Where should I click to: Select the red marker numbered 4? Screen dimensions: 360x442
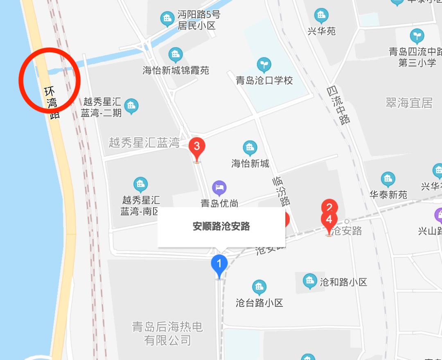(329, 220)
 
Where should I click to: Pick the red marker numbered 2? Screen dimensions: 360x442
(329, 206)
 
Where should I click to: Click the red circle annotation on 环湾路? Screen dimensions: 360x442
(50, 80)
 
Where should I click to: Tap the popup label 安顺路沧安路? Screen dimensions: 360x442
(221, 226)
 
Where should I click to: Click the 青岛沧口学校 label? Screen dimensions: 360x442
(264, 80)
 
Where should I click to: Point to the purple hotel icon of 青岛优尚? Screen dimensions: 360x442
(219, 188)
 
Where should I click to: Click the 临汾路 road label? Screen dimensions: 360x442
(282, 190)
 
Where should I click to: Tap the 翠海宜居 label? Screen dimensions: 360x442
(409, 103)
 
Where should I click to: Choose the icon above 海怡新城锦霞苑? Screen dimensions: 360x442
(176, 54)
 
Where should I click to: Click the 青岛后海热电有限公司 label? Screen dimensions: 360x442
(167, 333)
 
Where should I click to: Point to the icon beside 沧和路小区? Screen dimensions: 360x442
(310, 281)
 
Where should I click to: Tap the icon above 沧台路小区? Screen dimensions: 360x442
(259, 288)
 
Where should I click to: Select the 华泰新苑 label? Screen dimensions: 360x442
(388, 195)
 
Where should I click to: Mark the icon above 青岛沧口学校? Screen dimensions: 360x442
(264, 64)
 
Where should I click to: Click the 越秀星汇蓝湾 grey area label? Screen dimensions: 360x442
(144, 143)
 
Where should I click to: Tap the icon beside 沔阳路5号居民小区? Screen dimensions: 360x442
(167, 18)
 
